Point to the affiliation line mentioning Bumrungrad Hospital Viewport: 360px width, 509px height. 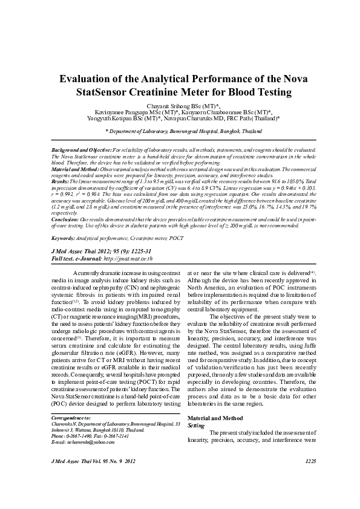coord(180,130)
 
